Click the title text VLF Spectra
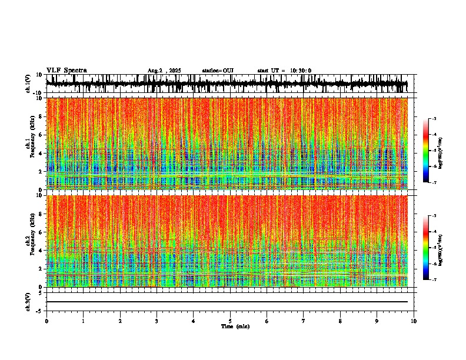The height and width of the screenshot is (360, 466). click(66, 71)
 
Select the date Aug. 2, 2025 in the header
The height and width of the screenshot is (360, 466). click(164, 71)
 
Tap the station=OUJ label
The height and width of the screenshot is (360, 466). click(218, 71)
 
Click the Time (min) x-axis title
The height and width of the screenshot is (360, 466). click(235, 326)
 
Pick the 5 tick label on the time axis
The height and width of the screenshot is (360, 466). click(230, 321)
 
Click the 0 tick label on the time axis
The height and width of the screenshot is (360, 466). click(46, 321)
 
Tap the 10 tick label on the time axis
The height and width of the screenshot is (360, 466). click(414, 321)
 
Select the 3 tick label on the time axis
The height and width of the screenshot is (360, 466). click(157, 321)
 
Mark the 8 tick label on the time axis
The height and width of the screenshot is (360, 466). click(340, 321)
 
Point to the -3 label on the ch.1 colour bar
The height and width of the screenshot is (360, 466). click(434, 119)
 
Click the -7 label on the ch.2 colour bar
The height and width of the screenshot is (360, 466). click(434, 280)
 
